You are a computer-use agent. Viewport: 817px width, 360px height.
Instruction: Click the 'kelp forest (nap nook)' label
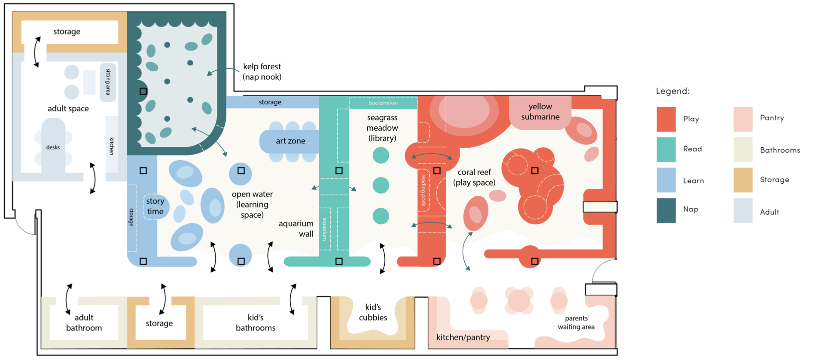(x=262, y=72)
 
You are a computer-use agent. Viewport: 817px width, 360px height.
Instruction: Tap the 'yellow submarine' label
(x=540, y=112)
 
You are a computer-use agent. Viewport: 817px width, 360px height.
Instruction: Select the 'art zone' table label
(x=290, y=141)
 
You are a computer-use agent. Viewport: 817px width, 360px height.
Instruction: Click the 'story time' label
(x=155, y=206)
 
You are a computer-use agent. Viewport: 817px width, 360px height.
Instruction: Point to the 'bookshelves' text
(x=384, y=103)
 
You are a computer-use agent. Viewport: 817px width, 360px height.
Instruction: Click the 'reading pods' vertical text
(x=423, y=190)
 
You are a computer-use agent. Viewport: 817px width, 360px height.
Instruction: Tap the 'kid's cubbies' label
(x=373, y=312)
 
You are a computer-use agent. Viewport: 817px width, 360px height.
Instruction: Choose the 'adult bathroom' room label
(x=84, y=323)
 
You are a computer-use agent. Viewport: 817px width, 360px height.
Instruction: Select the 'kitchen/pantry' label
(x=463, y=337)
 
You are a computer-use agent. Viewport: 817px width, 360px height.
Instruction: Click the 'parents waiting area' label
(x=576, y=323)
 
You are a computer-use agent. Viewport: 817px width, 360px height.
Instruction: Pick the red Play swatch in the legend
(x=666, y=119)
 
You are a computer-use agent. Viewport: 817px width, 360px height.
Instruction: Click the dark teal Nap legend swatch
(x=666, y=211)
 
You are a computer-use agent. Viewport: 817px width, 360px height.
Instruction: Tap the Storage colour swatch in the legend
(x=743, y=180)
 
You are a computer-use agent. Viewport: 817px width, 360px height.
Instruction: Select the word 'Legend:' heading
(x=673, y=91)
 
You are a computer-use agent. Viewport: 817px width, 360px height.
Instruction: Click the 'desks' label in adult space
(x=53, y=147)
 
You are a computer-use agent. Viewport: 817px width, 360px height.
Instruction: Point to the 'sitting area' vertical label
(x=108, y=82)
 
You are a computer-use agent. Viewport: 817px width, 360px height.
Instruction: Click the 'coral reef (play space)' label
(x=474, y=177)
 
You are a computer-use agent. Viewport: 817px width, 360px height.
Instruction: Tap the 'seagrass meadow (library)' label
(x=382, y=128)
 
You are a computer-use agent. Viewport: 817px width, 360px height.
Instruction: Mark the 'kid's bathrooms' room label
(x=256, y=323)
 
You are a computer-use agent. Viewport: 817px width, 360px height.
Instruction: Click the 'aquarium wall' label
(x=296, y=229)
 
